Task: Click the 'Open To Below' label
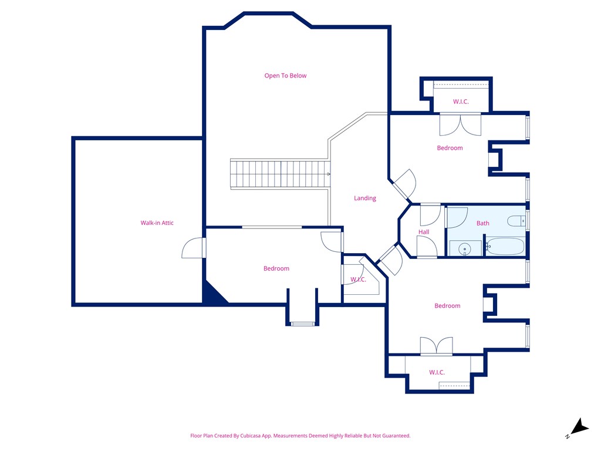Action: point(285,76)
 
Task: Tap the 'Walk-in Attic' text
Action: point(157,223)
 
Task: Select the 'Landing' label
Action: point(364,198)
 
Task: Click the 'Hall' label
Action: point(424,232)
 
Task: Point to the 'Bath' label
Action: point(482,223)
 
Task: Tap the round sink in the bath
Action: point(465,249)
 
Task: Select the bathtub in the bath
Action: point(505,247)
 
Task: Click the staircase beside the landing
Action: point(279,174)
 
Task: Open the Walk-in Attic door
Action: point(194,248)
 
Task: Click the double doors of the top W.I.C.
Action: point(461,123)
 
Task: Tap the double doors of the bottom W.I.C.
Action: point(436,346)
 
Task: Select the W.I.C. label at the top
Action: point(461,102)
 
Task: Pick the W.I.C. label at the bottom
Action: point(437,372)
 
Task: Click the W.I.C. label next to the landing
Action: point(358,280)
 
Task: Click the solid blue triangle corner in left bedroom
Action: point(212,294)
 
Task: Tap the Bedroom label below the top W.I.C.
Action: point(450,148)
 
